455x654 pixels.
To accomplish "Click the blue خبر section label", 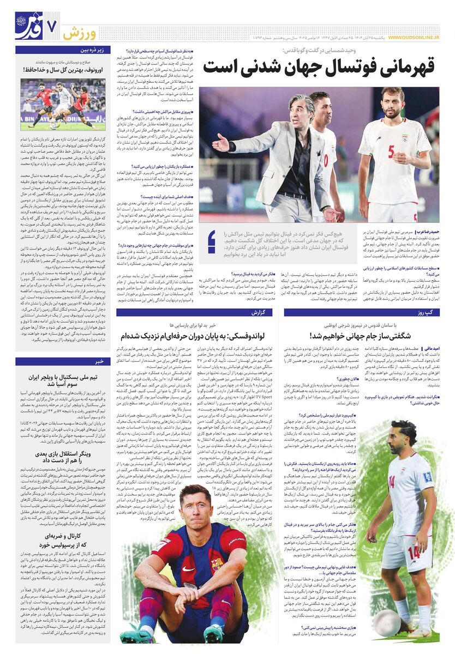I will [99, 361].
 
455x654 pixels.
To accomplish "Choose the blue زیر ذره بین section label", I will [94, 50].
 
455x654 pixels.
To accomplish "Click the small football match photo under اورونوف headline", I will [63, 104].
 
